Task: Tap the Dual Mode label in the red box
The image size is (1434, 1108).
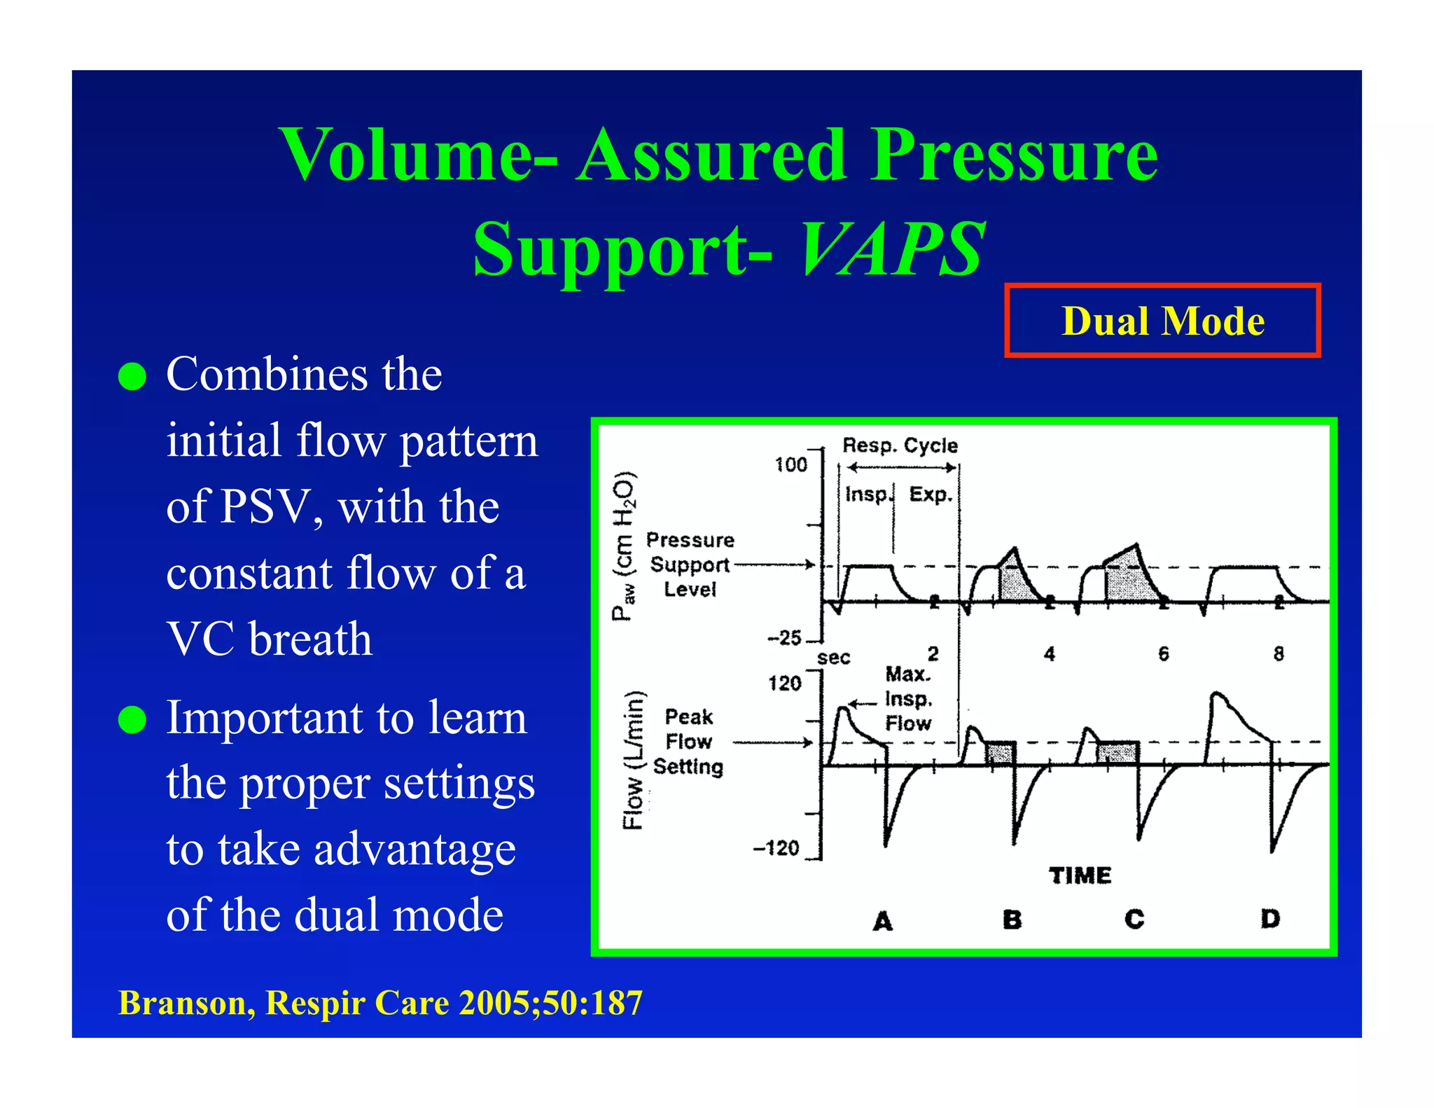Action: [x=1162, y=321]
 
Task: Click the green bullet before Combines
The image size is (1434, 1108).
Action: [x=132, y=376]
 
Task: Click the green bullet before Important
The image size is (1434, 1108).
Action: [x=132, y=719]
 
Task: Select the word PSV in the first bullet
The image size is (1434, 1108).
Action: [x=263, y=506]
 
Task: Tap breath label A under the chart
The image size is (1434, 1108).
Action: [x=883, y=921]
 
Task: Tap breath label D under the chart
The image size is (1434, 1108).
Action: [x=1269, y=918]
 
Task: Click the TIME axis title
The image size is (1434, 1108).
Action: [x=1080, y=875]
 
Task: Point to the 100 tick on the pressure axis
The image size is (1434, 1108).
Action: [x=791, y=465]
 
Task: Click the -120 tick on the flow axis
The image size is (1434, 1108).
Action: [x=777, y=848]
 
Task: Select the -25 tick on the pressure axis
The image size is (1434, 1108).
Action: [x=784, y=638]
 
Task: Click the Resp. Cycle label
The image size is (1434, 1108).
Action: [x=900, y=445]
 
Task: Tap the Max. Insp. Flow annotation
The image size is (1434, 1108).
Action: [x=908, y=699]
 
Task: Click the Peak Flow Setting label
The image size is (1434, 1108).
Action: [x=688, y=742]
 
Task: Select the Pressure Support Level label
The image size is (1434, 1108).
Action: [x=690, y=565]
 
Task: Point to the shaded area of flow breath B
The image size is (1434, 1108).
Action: [x=1000, y=754]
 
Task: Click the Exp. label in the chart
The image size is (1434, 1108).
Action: [x=931, y=494]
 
